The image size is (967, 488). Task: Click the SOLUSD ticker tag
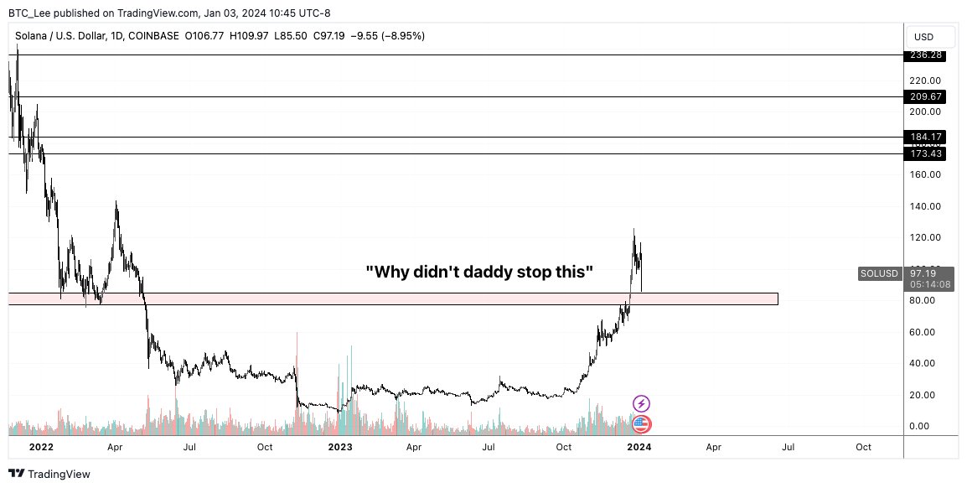coord(879,274)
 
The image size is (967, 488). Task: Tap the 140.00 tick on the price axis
coord(925,206)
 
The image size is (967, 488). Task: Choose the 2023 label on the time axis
coord(339,448)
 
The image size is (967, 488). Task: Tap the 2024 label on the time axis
coord(639,448)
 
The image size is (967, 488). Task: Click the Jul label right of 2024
coord(788,448)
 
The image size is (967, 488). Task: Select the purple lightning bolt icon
coord(641,403)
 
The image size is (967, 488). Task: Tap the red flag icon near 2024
coord(641,424)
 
